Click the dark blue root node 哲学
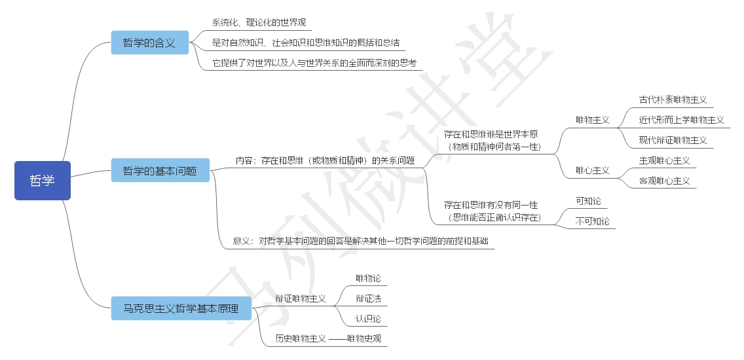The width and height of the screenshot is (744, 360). (43, 181)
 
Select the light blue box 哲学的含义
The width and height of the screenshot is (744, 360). (149, 43)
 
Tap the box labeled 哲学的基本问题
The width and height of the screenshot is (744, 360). (160, 170)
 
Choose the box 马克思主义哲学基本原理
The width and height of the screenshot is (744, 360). (180, 308)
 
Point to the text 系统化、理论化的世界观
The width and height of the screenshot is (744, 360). (258, 22)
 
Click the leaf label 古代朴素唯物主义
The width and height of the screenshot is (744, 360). (673, 100)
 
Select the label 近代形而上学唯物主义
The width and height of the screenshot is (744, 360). (681, 120)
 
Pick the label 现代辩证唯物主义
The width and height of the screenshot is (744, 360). (673, 140)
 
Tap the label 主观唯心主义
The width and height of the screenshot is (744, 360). (665, 160)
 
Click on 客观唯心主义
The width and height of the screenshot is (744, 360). (665, 181)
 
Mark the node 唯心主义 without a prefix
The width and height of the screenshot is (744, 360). (593, 170)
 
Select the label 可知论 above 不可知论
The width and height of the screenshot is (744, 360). (588, 201)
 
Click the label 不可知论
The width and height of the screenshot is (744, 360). (593, 221)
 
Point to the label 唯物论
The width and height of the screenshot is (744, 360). (368, 278)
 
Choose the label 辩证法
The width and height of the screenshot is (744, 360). (368, 298)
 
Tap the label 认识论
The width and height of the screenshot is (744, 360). (368, 319)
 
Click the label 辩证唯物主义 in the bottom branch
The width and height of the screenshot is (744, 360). (300, 298)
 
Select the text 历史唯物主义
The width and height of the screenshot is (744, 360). (300, 338)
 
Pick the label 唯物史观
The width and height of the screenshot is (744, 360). (364, 338)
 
